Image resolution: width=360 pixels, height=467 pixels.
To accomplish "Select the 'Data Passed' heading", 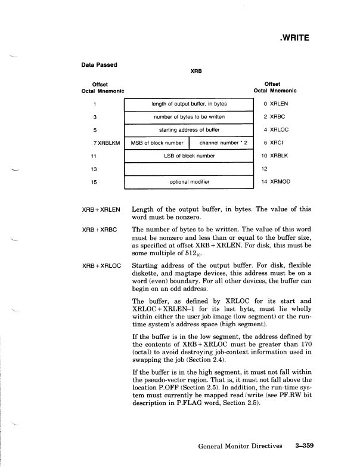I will click(100, 64).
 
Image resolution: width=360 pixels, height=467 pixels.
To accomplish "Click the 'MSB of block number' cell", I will click(156, 143).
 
